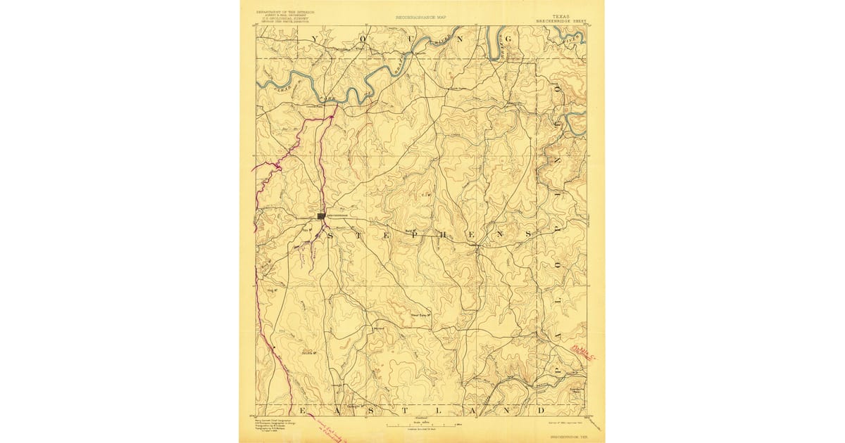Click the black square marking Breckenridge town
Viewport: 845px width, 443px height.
click(x=321, y=216)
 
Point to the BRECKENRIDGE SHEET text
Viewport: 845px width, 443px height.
click(x=561, y=20)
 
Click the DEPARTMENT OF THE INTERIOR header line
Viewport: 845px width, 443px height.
click(x=277, y=12)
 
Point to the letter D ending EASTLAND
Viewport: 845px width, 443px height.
click(x=542, y=409)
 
